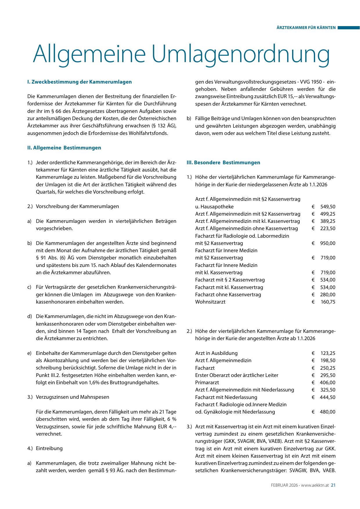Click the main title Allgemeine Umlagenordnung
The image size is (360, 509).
tap(181, 54)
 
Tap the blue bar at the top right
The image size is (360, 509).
tap(348, 28)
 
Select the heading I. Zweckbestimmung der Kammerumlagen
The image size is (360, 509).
tap(79, 82)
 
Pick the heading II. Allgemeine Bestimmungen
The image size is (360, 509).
tap(64, 148)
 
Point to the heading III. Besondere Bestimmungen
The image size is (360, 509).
tap(223, 163)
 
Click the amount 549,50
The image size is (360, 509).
tap(328, 207)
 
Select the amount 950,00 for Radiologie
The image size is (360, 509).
tap(328, 243)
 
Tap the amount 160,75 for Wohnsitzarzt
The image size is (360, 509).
tap(328, 302)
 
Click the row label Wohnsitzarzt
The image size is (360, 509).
tap(210, 302)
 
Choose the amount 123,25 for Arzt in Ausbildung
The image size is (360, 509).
tap(328, 353)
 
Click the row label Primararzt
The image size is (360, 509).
tap(207, 382)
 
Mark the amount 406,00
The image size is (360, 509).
tap(328, 382)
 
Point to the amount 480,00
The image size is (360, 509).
tap(328, 412)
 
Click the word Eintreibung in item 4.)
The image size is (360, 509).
tap(49, 448)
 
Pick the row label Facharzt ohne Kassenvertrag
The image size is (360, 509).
tap(228, 295)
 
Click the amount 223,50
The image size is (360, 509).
tap(328, 228)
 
